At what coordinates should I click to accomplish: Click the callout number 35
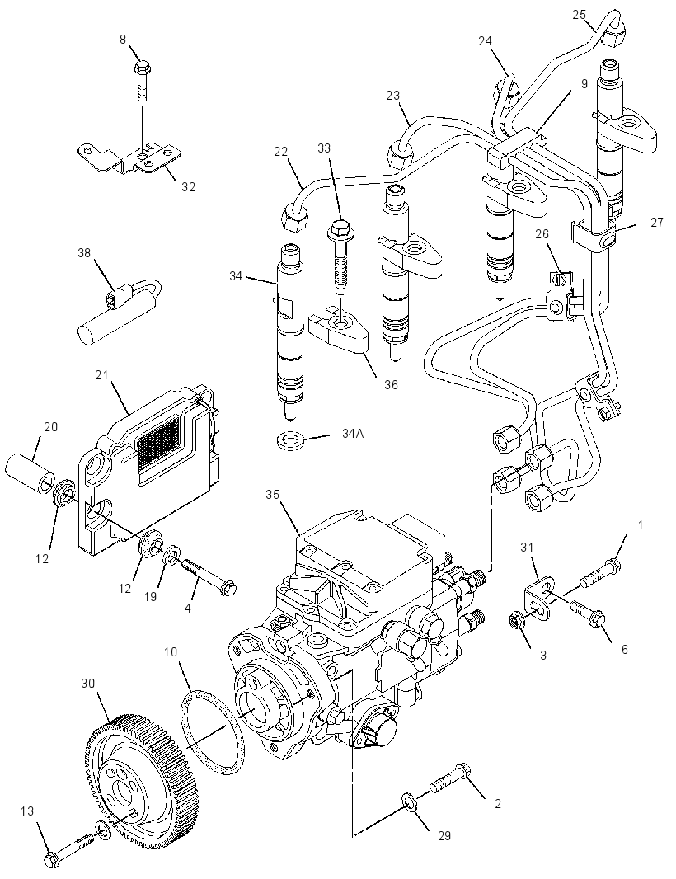coord(273,495)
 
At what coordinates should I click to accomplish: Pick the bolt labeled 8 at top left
coord(141,82)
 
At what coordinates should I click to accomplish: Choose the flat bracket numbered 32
coord(129,158)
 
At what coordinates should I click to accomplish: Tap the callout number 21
coord(101,375)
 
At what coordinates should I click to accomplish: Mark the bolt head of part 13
coord(53,858)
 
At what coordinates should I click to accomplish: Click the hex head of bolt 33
coord(338,228)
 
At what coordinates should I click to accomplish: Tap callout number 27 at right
coord(657,223)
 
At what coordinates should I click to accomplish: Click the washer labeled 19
coord(173,554)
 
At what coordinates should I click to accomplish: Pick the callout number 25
coord(579,15)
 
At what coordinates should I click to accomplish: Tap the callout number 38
coord(84,253)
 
